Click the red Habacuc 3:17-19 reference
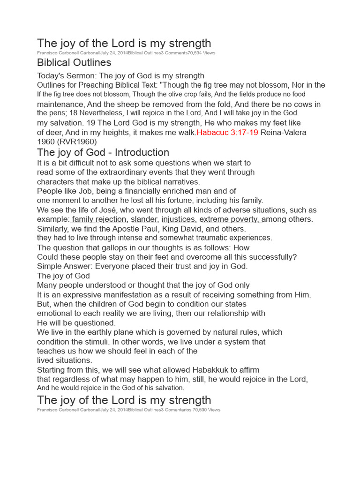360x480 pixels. click(x=227, y=133)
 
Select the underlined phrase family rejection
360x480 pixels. click(x=99, y=219)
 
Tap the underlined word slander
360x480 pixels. click(x=144, y=219)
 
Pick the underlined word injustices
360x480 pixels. click(x=179, y=219)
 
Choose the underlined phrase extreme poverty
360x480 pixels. click(x=230, y=219)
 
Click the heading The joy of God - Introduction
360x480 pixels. click(x=103, y=152)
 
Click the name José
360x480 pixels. click(x=106, y=210)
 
